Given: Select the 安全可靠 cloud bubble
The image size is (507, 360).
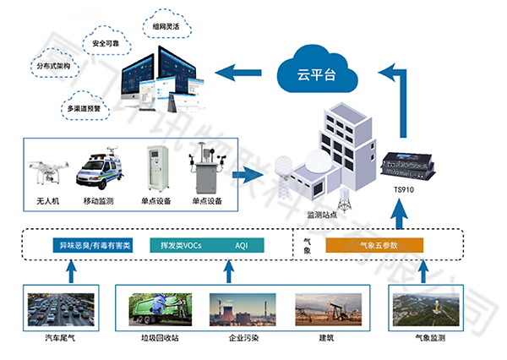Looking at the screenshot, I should [106, 42].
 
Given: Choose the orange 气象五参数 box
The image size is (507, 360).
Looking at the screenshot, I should [379, 245].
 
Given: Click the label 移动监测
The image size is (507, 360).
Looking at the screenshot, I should [100, 201].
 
